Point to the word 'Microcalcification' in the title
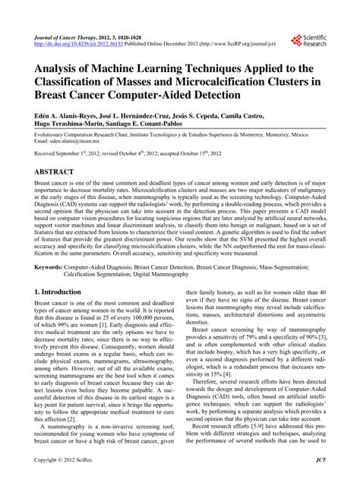pos(229,83)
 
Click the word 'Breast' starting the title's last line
pos(54,96)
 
